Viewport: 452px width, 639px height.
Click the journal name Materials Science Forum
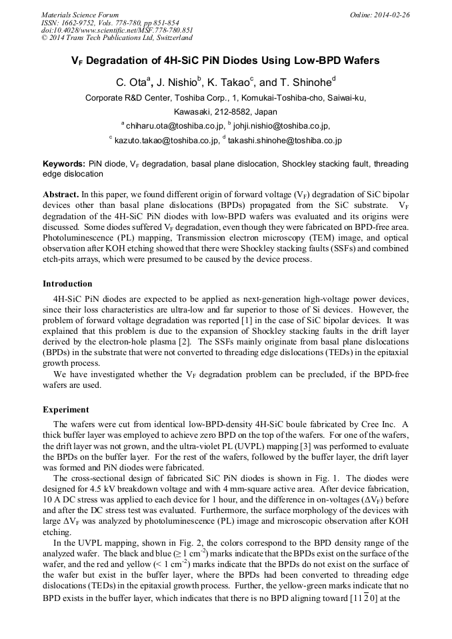(80, 15)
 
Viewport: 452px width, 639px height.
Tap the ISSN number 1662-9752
(79, 22)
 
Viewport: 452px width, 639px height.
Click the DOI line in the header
(117, 29)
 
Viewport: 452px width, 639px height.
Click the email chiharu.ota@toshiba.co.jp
(175, 125)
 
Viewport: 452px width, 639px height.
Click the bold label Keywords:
(63, 163)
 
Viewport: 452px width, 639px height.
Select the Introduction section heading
(67, 284)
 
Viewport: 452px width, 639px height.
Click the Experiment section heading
(65, 409)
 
